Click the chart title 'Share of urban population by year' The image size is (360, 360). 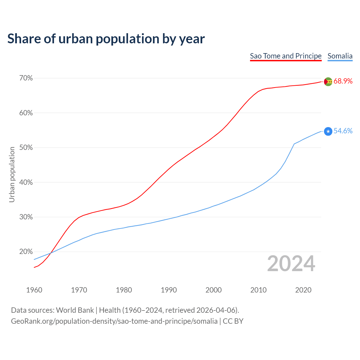point(106,39)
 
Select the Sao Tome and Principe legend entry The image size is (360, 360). point(286,56)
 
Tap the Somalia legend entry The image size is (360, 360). point(340,56)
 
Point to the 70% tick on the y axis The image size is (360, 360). point(26,78)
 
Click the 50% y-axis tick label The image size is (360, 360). point(26,148)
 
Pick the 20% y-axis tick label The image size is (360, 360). point(26,252)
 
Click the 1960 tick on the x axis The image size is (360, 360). point(34,290)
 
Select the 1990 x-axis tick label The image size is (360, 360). point(169,290)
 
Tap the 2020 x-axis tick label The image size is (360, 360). point(303,290)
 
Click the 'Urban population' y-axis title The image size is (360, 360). point(12,174)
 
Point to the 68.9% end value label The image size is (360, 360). point(343,81)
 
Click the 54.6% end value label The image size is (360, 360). point(343,131)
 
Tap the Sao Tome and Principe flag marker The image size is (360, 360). point(328,82)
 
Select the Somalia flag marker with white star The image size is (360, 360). point(328,131)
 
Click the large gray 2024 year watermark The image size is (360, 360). point(291,264)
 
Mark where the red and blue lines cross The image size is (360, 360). point(51,253)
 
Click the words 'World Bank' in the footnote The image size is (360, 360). point(75,310)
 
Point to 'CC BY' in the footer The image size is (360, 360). point(233,321)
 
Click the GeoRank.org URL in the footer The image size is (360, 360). point(114,321)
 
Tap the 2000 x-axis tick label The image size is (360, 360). point(213,290)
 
